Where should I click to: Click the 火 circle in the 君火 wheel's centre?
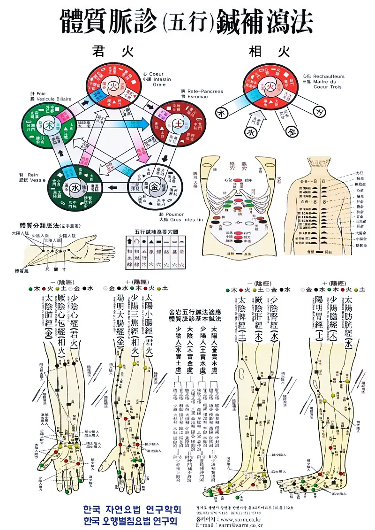coord(113,86)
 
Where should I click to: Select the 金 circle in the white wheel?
coord(155,187)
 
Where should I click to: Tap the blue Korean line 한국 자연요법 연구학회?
coord(131,509)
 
